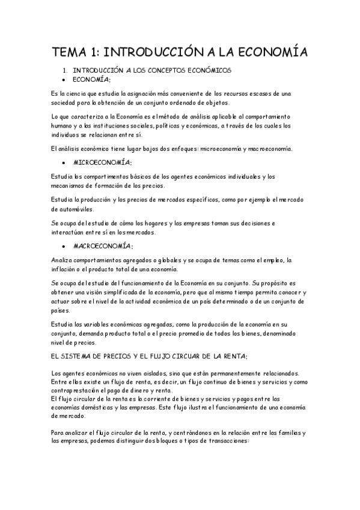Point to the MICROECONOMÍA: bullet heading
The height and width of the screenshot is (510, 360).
(103, 163)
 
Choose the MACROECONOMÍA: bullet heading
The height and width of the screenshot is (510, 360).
(103, 246)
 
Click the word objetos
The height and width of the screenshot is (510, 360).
(214, 103)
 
